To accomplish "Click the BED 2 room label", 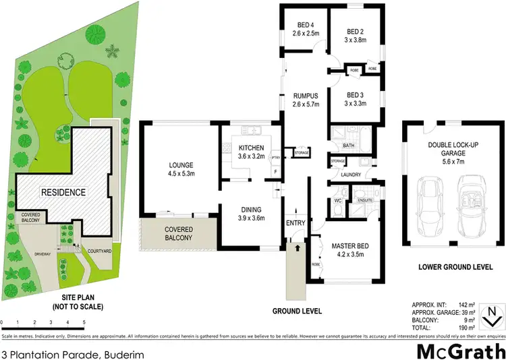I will tap(356, 35).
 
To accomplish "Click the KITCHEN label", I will tap(252, 152).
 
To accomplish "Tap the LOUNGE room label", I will tap(181, 169).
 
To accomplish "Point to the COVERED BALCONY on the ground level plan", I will tap(179, 233).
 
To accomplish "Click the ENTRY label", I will tap(296, 223).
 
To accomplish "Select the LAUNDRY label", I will tap(352, 175).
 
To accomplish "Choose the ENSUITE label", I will tap(365, 200).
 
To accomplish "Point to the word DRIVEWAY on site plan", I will tap(47, 253).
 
